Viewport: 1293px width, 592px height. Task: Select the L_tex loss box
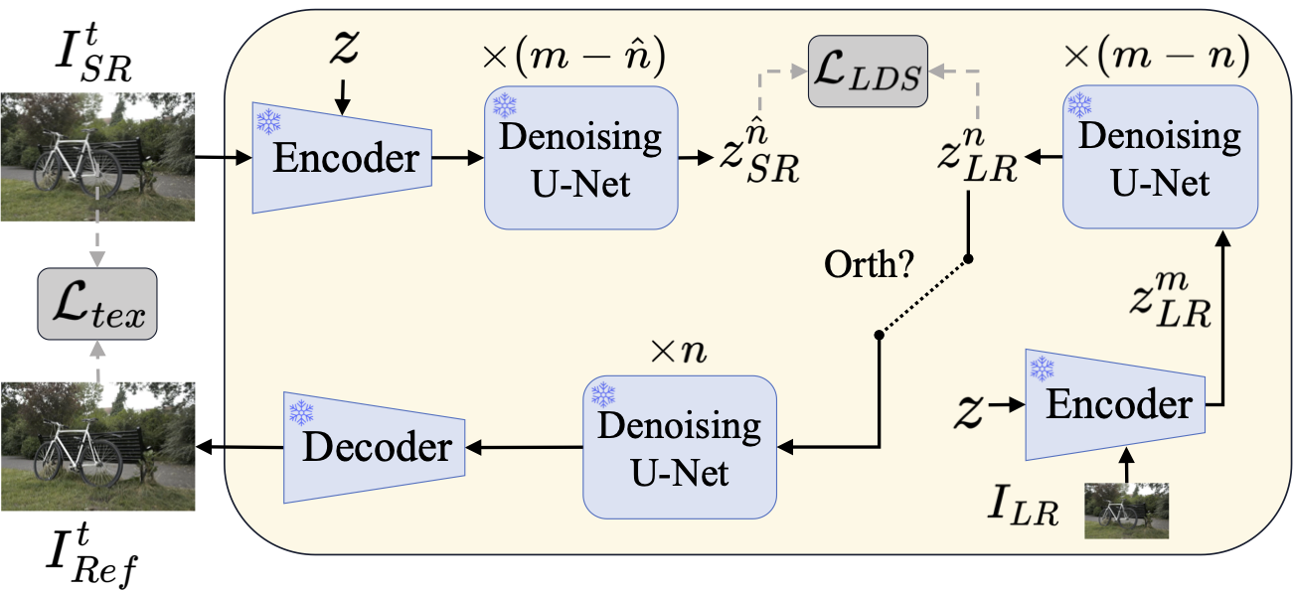coord(96,303)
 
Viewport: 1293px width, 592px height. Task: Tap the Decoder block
coord(375,447)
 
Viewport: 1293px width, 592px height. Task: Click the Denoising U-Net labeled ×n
coord(680,446)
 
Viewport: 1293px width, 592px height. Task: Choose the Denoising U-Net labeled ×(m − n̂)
coord(580,157)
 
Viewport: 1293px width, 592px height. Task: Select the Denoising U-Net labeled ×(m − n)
coord(1159,157)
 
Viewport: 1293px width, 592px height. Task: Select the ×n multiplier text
coord(679,353)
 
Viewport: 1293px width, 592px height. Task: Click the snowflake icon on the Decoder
coord(299,410)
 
